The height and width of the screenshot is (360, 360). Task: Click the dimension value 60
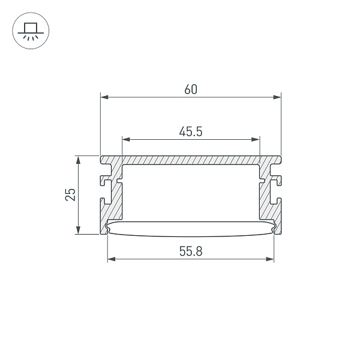[190, 89]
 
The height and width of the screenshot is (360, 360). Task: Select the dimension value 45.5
[190, 131]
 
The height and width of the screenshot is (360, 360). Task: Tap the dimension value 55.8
[190, 252]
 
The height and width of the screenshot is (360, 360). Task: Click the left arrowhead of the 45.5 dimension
[125, 139]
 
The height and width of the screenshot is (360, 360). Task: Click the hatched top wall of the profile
[190, 161]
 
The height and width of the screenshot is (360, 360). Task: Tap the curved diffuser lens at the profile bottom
[190, 227]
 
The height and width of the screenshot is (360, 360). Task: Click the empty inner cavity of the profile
[190, 192]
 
